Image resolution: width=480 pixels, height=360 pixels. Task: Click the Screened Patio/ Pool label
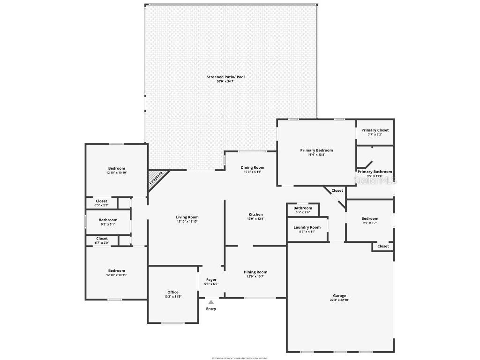pyautogui.click(x=225, y=77)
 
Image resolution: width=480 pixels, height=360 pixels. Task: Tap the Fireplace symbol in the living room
pyautogui.click(x=157, y=179)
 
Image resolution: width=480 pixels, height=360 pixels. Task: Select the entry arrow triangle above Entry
pyautogui.click(x=211, y=302)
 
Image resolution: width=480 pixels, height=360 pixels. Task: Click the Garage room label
pyautogui.click(x=339, y=296)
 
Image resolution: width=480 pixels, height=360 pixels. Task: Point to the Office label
pyautogui.click(x=172, y=292)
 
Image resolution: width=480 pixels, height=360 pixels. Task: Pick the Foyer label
pyautogui.click(x=211, y=280)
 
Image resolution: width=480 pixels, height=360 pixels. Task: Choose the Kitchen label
pyautogui.click(x=255, y=215)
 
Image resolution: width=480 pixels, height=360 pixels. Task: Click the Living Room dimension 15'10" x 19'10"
pyautogui.click(x=187, y=222)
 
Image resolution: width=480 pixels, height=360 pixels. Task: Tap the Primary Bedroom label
pyautogui.click(x=316, y=150)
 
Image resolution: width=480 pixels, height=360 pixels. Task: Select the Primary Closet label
pyautogui.click(x=375, y=130)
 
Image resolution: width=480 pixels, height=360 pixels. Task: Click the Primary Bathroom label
pyautogui.click(x=375, y=172)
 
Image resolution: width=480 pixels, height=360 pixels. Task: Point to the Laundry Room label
pyautogui.click(x=307, y=227)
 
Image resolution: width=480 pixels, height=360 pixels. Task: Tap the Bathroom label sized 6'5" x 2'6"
pyautogui.click(x=303, y=208)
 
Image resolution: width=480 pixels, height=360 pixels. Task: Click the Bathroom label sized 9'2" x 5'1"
pyautogui.click(x=108, y=220)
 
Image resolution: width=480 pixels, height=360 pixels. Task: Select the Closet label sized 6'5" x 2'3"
pyautogui.click(x=102, y=201)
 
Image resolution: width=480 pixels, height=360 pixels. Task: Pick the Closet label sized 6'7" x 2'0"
pyautogui.click(x=102, y=239)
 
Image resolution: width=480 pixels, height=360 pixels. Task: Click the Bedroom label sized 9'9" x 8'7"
pyautogui.click(x=369, y=218)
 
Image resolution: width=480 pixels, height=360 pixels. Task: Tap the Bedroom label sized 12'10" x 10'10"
pyautogui.click(x=117, y=168)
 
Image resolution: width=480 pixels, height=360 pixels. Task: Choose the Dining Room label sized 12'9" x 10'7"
pyautogui.click(x=255, y=272)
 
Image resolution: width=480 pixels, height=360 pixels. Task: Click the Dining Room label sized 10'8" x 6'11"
pyautogui.click(x=253, y=167)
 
